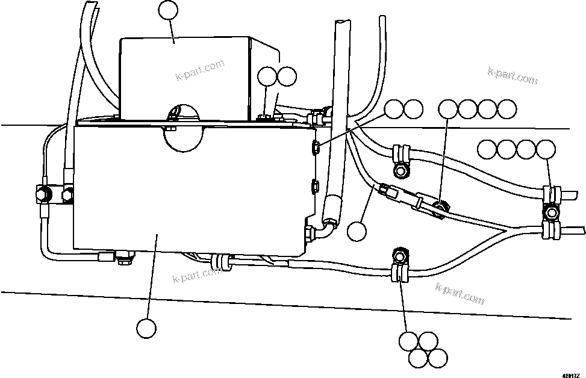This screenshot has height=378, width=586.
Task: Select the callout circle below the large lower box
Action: point(146,328)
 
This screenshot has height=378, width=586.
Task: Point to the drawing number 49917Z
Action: point(572,374)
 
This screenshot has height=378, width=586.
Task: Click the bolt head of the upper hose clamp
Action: point(400,171)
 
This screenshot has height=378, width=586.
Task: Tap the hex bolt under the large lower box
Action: point(126,261)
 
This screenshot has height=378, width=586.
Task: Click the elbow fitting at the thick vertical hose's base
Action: point(326,229)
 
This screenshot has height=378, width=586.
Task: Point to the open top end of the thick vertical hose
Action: point(341,23)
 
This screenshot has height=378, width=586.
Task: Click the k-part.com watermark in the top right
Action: point(513,76)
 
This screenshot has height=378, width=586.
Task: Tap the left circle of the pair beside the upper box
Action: point(266,76)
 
